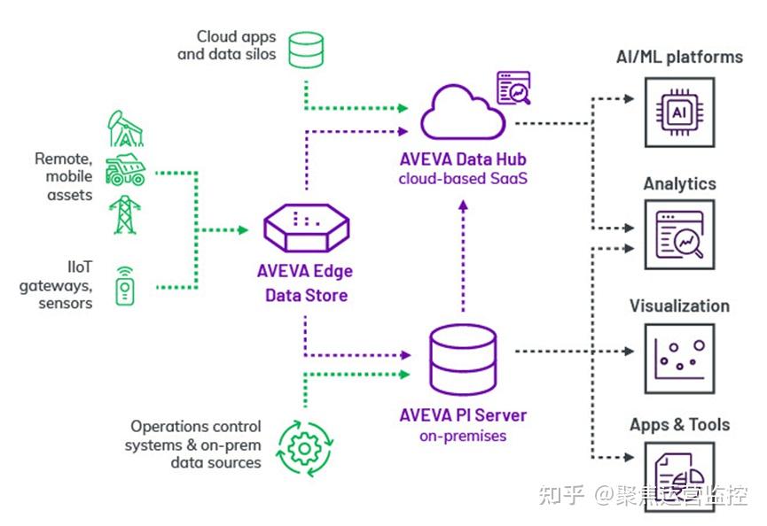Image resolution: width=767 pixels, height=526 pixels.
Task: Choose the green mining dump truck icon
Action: pyautogui.click(x=125, y=170)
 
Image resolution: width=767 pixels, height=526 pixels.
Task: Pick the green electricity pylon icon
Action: pyautogui.click(x=124, y=213)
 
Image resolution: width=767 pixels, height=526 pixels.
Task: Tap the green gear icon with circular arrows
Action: pyautogui.click(x=301, y=448)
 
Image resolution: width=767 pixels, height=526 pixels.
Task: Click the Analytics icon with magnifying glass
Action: pyautogui.click(x=679, y=234)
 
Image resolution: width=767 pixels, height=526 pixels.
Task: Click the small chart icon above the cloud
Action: pyautogui.click(x=513, y=88)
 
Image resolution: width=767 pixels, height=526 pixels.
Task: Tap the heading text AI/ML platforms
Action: pyautogui.click(x=679, y=58)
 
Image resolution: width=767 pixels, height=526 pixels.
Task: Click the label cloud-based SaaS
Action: pyautogui.click(x=462, y=179)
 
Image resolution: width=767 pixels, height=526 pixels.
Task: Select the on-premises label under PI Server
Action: pyautogui.click(x=462, y=436)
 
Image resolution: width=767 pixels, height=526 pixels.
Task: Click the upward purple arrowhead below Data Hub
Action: pyautogui.click(x=462, y=205)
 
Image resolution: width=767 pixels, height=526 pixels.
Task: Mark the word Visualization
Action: pyautogui.click(x=679, y=306)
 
